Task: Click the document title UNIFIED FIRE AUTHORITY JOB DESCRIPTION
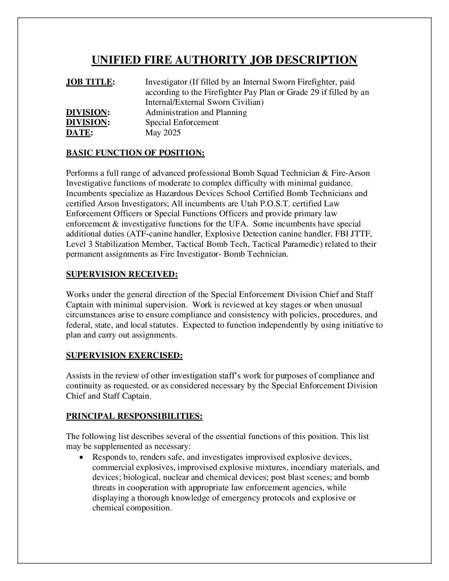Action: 224,60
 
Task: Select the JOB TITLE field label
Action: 90,82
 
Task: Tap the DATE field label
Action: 78,132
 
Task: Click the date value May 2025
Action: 163,132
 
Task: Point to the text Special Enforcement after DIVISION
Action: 182,122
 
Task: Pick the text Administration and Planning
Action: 196,112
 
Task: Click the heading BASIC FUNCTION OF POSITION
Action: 135,153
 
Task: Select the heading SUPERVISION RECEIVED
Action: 122,274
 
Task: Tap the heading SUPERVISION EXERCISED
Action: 124,355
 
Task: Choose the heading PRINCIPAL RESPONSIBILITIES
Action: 134,416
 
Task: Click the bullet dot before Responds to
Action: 83,457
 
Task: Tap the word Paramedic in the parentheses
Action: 303,244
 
